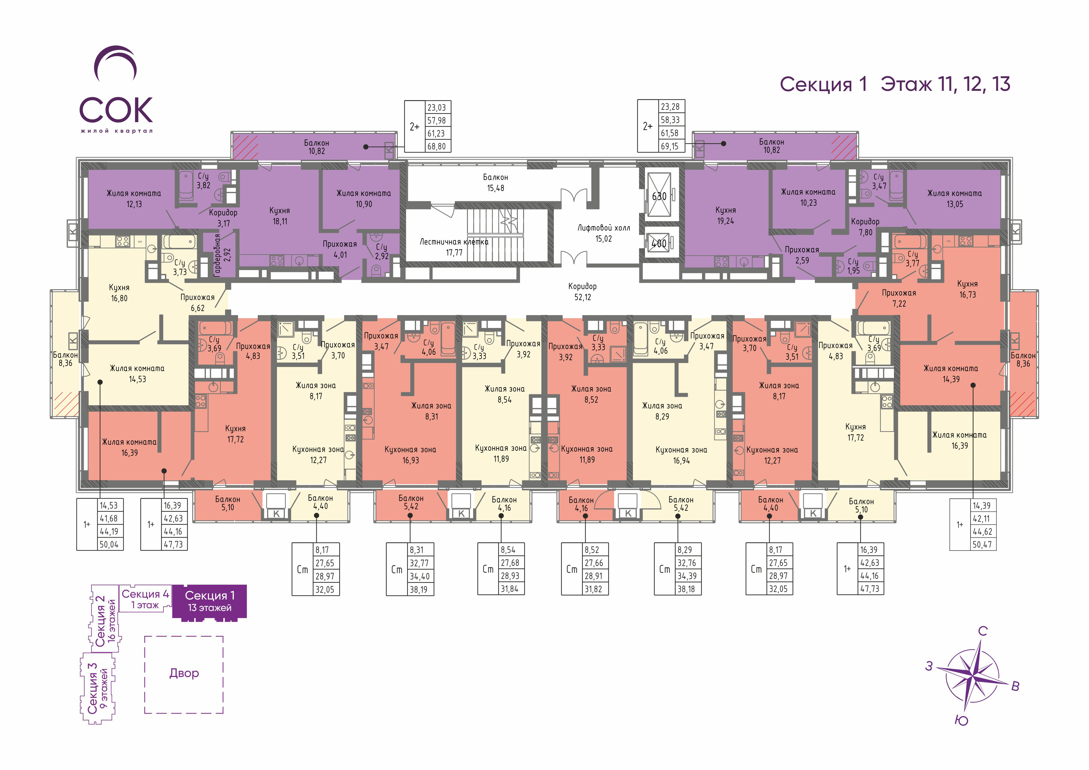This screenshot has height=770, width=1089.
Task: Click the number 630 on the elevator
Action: click(659, 196)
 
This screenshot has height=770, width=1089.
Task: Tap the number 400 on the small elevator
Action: click(659, 243)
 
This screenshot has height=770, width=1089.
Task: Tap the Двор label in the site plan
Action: click(184, 673)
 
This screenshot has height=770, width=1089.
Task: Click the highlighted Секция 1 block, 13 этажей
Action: click(210, 601)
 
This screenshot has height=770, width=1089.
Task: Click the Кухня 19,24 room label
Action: click(726, 215)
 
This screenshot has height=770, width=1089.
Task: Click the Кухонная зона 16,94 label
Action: click(681, 455)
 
